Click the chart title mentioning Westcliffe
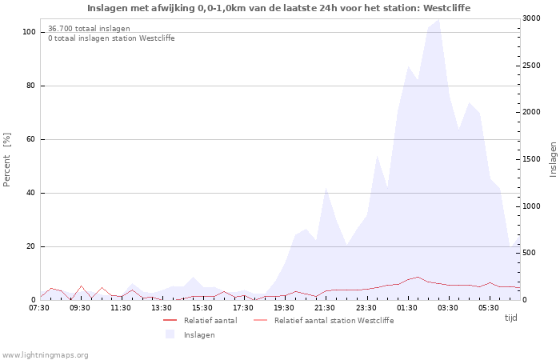coord(279,8)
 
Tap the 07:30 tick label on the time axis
coord(39,307)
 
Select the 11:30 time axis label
coord(121,307)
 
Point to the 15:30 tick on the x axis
coord(203,307)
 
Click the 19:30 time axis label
coord(285,307)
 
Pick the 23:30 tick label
coord(366,307)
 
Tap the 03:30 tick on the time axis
coord(448,307)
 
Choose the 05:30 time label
coord(489,307)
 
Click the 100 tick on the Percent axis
coord(29,32)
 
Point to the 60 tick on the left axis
coord(31,139)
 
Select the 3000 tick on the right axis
coord(531,18)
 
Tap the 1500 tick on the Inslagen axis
coord(531,159)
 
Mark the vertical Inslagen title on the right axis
coord(553,159)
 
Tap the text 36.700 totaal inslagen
coord(89,29)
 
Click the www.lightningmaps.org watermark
coord(46,355)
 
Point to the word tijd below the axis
coord(511,318)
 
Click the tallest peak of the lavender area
coord(438,19)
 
